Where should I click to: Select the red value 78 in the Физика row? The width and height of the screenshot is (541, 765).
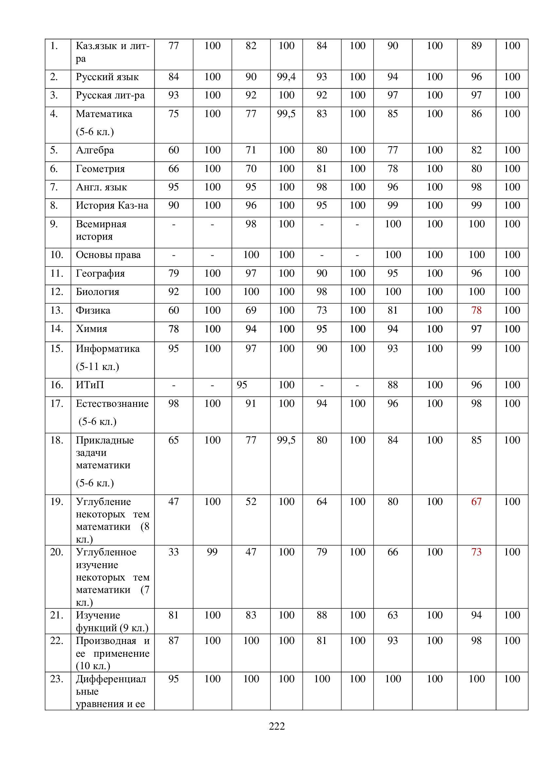476,310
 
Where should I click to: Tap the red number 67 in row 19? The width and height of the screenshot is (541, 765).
476,501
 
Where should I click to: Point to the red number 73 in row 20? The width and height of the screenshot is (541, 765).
476,552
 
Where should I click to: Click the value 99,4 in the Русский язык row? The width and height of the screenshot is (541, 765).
286,77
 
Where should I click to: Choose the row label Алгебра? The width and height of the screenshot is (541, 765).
95,150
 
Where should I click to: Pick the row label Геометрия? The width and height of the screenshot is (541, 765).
100,169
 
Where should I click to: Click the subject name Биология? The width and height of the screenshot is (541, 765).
97,292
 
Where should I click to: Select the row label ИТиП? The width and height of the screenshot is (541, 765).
90,385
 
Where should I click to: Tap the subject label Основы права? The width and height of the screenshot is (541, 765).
108,255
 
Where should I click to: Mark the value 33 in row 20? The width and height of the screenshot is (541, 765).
174,552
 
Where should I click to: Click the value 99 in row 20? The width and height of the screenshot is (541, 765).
212,552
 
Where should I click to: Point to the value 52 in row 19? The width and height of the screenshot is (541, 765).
251,501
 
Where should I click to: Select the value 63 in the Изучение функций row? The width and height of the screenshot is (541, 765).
393,615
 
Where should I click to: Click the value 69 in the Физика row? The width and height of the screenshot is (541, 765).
251,310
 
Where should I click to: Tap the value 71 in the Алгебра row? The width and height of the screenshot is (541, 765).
251,150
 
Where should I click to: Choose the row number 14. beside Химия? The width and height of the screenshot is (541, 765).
57,328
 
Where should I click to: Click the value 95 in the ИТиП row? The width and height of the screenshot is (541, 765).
242,385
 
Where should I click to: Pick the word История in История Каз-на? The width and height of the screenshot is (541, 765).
90,206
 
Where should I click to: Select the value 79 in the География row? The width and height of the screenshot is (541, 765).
174,273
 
